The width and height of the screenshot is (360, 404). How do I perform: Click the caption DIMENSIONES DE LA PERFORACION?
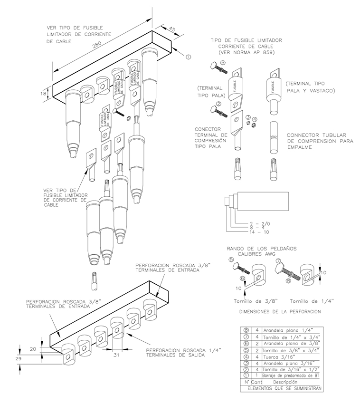[x=278, y=311]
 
